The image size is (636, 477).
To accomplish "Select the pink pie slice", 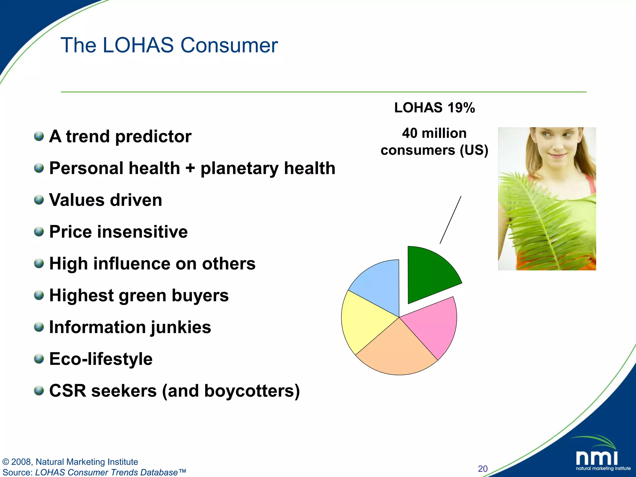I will (433, 326).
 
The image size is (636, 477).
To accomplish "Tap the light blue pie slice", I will (379, 284).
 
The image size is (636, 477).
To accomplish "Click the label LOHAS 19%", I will (434, 108).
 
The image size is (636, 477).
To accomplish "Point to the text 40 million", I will (434, 133).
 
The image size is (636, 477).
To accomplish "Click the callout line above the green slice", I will (450, 220).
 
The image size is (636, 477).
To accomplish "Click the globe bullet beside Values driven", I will (39, 200).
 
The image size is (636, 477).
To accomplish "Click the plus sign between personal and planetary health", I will (190, 169).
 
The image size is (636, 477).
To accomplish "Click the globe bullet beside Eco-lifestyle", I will (39, 359).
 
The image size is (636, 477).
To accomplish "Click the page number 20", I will (483, 468).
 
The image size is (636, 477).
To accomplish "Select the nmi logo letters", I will (597, 458).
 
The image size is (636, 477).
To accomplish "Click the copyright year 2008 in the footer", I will (21, 462).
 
